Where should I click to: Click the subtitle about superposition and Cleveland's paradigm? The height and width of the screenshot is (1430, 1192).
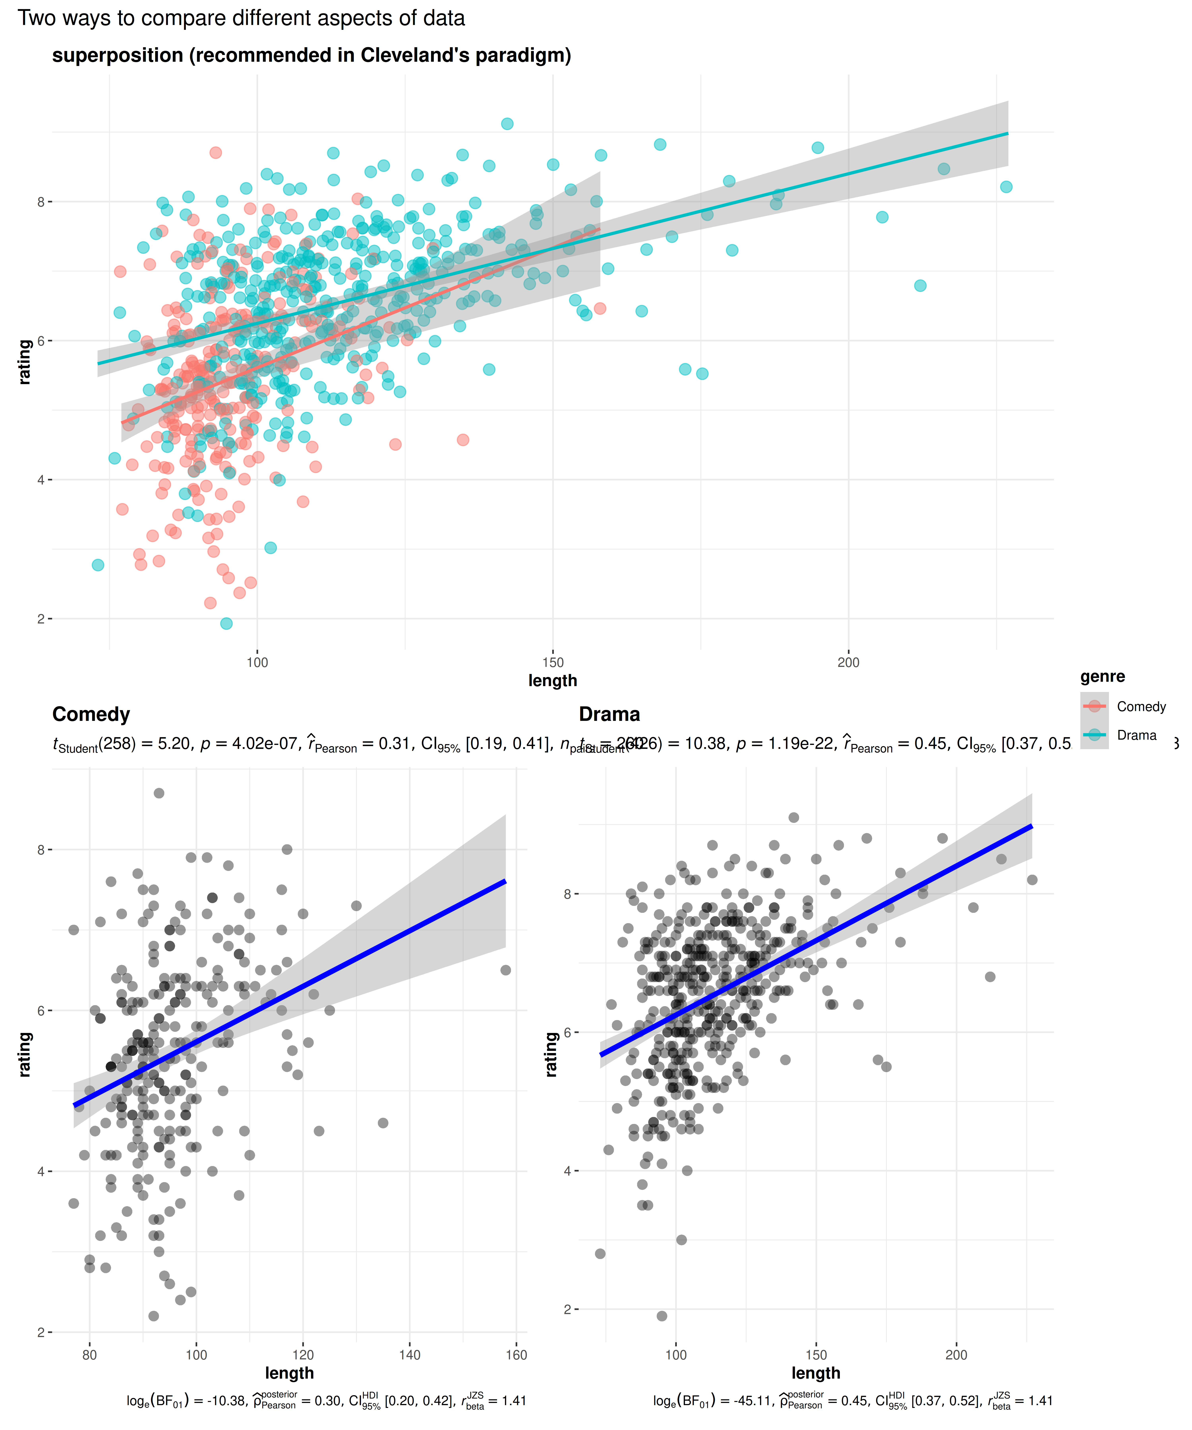pyautogui.click(x=311, y=55)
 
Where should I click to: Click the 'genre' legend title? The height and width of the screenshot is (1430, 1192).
pyautogui.click(x=1102, y=676)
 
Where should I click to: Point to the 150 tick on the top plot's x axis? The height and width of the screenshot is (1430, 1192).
pyautogui.click(x=552, y=662)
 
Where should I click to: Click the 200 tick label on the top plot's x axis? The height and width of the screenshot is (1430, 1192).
pyautogui.click(x=848, y=662)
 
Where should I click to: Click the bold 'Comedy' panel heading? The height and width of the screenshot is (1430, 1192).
pyautogui.click(x=91, y=714)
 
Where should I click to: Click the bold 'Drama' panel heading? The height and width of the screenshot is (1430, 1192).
pyautogui.click(x=609, y=714)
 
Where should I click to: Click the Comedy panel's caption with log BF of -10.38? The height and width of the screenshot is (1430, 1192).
pyautogui.click(x=326, y=1401)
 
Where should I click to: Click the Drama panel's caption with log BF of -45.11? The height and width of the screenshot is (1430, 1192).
pyautogui.click(x=852, y=1401)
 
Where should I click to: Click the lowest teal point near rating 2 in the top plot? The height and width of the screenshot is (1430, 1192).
pyautogui.click(x=226, y=623)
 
